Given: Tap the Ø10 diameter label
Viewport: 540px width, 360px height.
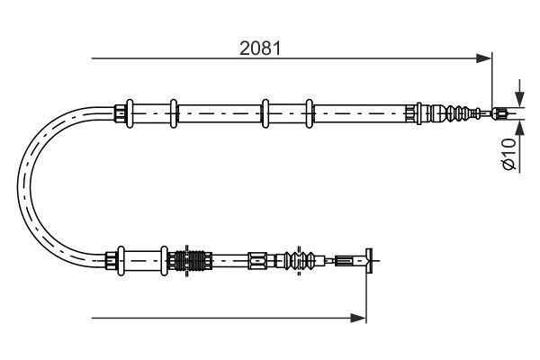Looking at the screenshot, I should pos(508,153).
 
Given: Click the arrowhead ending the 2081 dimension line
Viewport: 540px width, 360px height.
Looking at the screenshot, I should pos(486,59).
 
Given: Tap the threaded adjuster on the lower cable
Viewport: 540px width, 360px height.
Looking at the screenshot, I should pos(193,261).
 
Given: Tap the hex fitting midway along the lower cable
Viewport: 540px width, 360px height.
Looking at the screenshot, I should pos(257,261).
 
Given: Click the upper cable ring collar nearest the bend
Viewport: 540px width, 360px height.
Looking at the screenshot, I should pos(131,112).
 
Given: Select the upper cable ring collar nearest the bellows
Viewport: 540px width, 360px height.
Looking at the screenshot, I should pos(309,112).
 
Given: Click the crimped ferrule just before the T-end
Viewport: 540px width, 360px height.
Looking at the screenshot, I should pos(345,261).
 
